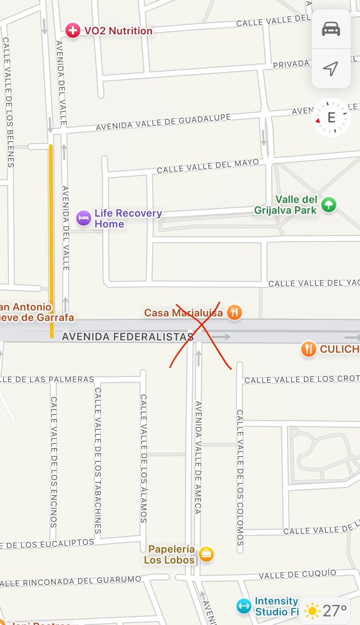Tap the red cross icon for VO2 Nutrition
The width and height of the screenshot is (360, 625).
click(x=73, y=31)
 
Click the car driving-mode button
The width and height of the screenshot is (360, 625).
click(x=331, y=29)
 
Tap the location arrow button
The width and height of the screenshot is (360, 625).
click(x=331, y=68)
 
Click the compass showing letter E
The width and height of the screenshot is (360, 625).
click(x=331, y=118)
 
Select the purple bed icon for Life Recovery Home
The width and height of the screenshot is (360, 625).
click(x=83, y=218)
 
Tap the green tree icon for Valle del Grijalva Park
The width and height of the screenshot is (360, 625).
click(x=328, y=204)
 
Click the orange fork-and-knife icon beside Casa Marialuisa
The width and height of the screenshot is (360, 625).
click(x=235, y=312)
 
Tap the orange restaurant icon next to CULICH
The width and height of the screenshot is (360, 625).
click(x=309, y=349)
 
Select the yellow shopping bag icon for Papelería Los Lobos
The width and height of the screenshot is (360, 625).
click(x=207, y=554)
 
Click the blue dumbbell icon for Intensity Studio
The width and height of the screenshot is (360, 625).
click(x=243, y=606)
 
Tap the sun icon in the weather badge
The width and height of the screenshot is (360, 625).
click(x=313, y=610)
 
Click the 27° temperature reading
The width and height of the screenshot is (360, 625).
click(x=335, y=610)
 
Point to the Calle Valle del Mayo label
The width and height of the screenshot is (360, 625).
click(x=207, y=166)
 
